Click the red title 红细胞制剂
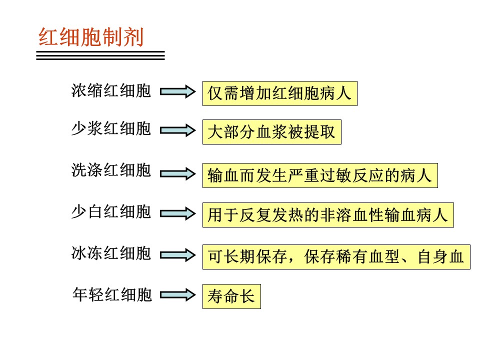(x=91, y=37)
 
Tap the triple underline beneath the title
(x=100, y=55)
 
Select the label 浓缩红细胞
(x=111, y=90)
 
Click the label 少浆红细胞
(x=111, y=128)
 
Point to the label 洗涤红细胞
(x=111, y=170)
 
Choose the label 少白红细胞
(x=111, y=212)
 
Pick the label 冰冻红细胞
(x=111, y=253)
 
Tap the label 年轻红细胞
(x=112, y=294)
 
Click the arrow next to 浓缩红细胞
(x=178, y=91)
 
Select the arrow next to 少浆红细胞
(x=178, y=130)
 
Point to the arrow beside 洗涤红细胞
(x=178, y=174)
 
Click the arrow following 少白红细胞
(x=178, y=213)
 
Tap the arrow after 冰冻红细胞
(x=178, y=255)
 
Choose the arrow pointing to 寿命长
(x=178, y=295)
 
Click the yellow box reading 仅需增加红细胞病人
(x=280, y=93)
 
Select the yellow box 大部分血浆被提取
(x=272, y=132)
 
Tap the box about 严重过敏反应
(x=320, y=175)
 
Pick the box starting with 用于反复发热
(x=328, y=215)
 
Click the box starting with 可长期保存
(x=336, y=257)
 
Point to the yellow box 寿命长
(x=231, y=296)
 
